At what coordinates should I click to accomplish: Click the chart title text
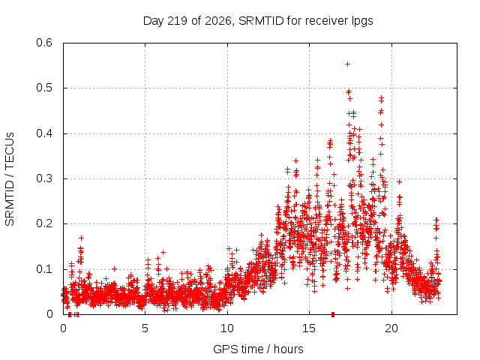point(258,21)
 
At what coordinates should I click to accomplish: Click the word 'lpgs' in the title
point(361,22)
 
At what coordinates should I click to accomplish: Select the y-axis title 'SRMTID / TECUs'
point(10,179)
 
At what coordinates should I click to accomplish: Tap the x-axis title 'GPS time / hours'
point(258,349)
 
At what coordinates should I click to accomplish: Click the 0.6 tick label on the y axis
point(44,43)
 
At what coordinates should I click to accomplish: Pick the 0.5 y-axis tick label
point(44,88)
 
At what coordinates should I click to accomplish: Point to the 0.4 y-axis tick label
point(44,133)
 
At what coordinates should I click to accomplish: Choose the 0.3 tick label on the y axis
point(44,178)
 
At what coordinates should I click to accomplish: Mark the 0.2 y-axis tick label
point(44,223)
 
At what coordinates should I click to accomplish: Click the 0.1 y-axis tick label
point(44,269)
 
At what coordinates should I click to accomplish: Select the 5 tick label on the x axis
point(145,328)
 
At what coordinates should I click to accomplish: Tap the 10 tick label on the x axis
point(227,328)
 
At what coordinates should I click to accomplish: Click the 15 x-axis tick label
point(309,328)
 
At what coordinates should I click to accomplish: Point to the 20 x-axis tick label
point(391,328)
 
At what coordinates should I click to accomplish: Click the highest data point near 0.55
point(347,64)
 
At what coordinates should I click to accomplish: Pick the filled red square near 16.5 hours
point(333,314)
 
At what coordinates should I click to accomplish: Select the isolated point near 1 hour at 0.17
point(81,238)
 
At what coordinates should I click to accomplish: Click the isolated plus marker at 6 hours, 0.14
point(163,252)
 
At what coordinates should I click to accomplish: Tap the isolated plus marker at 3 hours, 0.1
point(114,268)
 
